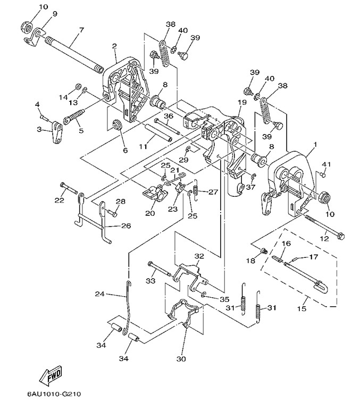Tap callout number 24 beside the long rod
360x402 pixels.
point(99,294)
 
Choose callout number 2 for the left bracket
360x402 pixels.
point(114,47)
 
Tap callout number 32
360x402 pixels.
point(199,256)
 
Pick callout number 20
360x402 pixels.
point(149,213)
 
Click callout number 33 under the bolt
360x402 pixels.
point(150,280)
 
